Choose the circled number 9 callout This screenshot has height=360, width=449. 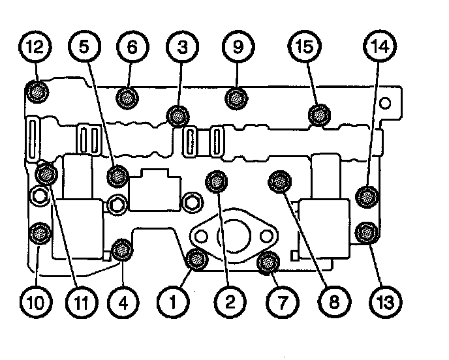click(x=235, y=48)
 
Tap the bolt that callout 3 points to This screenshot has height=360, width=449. click(x=176, y=117)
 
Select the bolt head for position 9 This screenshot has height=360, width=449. click(x=235, y=98)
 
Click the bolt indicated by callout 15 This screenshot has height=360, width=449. click(x=318, y=115)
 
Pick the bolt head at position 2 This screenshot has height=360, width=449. click(x=217, y=182)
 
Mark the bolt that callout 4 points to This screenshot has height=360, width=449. click(x=121, y=248)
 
